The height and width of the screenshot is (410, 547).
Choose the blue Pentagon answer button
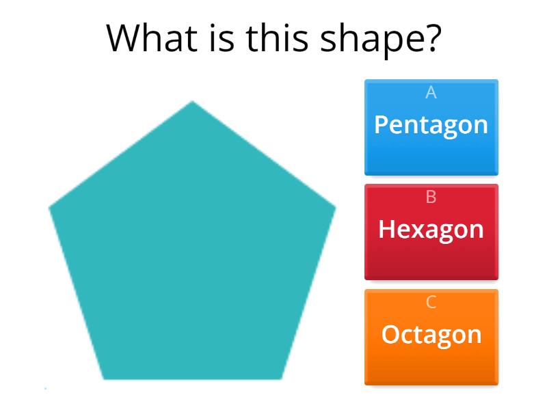point(431,128)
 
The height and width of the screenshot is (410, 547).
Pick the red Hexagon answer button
point(431,232)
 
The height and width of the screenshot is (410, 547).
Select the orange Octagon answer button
point(431,338)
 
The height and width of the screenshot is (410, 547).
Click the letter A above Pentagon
point(431,92)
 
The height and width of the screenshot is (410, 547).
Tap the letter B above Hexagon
point(431,197)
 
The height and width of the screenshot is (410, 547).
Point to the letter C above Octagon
point(431,302)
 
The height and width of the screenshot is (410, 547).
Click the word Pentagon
point(431,125)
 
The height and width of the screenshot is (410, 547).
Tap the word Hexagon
point(431,230)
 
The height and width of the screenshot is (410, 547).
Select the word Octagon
point(431,335)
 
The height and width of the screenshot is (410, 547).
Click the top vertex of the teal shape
point(192,102)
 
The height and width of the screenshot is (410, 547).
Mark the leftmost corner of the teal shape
point(51,206)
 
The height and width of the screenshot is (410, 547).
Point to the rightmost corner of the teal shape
point(334,206)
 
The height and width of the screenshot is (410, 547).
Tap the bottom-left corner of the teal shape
point(105,377)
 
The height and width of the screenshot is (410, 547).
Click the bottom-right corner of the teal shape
point(280,377)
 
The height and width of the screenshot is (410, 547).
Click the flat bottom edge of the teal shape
point(192,378)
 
